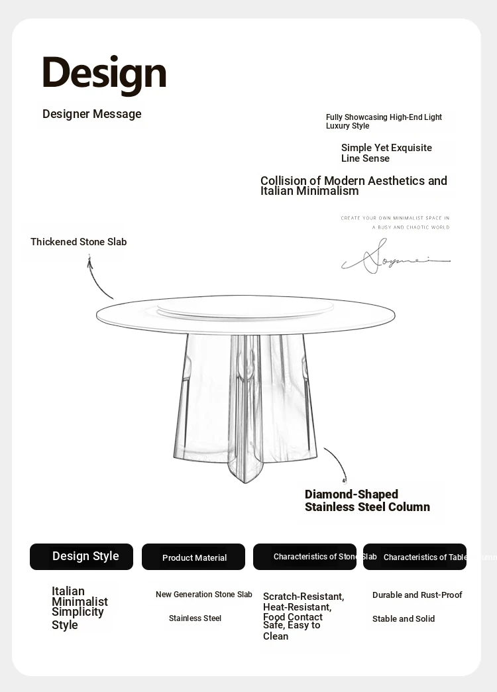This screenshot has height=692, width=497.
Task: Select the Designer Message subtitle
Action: pos(92,114)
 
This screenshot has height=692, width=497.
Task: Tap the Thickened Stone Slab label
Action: pos(78,242)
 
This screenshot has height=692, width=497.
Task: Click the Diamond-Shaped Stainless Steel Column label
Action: pos(367,500)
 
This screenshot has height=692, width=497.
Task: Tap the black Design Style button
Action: pos(82,557)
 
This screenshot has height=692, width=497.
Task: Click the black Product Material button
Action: pos(193,557)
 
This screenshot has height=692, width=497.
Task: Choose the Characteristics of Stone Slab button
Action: pos(305,557)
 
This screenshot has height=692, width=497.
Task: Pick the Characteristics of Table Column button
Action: pos(415,557)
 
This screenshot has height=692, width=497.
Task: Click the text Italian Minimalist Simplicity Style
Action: pos(79,608)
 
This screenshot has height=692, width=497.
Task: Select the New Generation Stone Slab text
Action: pos(204,595)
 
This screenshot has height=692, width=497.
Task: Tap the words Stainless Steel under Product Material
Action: pos(195,618)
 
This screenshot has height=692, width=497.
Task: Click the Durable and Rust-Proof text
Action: pos(417,595)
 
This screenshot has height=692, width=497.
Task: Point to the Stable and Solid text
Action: pos(404,619)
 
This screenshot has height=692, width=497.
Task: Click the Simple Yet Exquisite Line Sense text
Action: pos(386,153)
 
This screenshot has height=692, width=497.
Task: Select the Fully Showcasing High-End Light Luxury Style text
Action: pos(384,121)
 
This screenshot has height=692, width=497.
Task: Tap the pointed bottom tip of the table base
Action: pos(245,479)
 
